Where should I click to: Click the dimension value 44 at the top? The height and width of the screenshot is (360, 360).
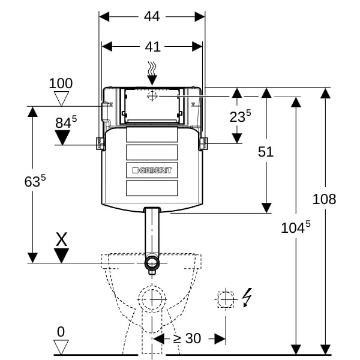tap(152, 17)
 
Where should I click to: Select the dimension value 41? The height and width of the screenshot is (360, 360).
tap(152, 46)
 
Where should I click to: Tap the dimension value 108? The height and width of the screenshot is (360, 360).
tap(325, 199)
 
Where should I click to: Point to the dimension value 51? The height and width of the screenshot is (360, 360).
tap(266, 152)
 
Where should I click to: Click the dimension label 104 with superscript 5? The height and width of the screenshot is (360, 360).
tap(296, 227)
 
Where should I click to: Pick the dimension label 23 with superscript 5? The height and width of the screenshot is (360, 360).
tap(239, 117)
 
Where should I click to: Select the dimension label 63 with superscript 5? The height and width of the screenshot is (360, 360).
tap(35, 181)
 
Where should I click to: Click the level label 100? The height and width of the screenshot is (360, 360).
tap(61, 84)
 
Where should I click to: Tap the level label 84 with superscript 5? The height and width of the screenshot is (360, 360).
tap(65, 122)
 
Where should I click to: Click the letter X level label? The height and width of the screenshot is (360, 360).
tap(61, 240)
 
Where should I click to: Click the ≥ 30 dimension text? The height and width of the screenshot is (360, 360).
tap(187, 338)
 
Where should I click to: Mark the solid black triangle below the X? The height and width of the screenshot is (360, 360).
tap(61, 256)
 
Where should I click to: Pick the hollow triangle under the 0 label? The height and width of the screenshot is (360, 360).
tap(61, 346)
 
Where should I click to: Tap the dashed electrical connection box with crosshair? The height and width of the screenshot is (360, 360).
tap(225, 298)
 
